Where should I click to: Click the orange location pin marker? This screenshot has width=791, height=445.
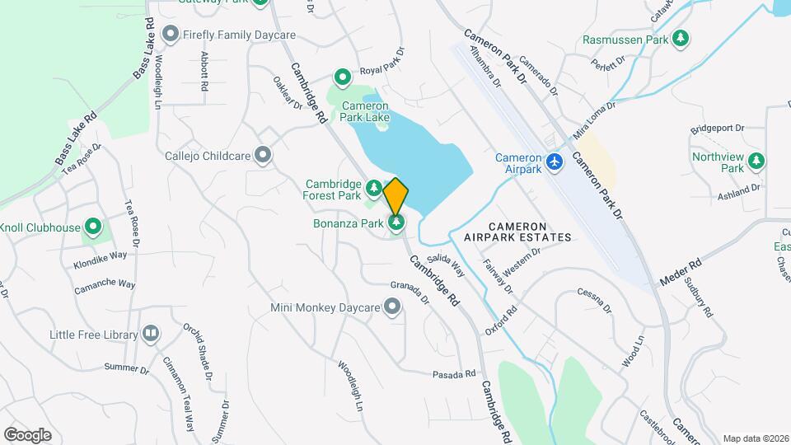pyautogui.click(x=396, y=196)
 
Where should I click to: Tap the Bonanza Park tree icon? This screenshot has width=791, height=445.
pyautogui.click(x=397, y=222)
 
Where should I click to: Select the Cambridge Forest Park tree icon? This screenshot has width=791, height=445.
pyautogui.click(x=373, y=190)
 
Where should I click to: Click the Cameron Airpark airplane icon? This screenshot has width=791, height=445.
pyautogui.click(x=554, y=162)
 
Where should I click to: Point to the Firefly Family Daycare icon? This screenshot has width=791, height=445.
pyautogui.click(x=171, y=35)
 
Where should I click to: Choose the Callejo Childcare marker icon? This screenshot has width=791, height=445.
pyautogui.click(x=263, y=155)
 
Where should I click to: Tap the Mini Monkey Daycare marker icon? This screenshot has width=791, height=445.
pyautogui.click(x=393, y=308)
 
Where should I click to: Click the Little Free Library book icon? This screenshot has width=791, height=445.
pyautogui.click(x=150, y=334)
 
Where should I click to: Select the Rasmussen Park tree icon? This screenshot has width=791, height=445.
pyautogui.click(x=681, y=38)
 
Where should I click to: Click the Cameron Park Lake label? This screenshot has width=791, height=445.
pyautogui.click(x=365, y=111)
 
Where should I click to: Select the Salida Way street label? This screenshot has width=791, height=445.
pyautogui.click(x=446, y=266)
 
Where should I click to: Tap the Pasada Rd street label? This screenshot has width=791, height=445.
pyautogui.click(x=455, y=374)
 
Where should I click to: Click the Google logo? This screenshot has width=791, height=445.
pyautogui.click(x=27, y=434)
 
